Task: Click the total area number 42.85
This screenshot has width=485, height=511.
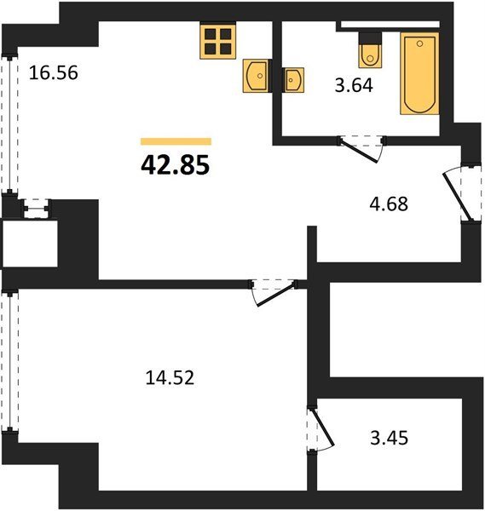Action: [175, 165]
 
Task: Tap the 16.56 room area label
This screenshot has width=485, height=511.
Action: [54, 72]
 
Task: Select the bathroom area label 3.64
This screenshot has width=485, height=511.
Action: [354, 86]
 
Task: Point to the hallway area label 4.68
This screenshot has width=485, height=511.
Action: [389, 204]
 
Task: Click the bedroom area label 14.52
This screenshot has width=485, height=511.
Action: [170, 378]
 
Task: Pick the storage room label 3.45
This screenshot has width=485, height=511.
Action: [390, 438]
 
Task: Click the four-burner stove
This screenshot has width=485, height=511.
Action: [218, 40]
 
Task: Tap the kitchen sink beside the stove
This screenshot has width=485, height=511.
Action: [257, 76]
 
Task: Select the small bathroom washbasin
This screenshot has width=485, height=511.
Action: [293, 79]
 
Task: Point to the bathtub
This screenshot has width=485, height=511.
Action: [419, 73]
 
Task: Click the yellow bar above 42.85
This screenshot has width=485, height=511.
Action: [176, 141]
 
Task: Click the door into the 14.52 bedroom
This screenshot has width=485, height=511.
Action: [274, 293]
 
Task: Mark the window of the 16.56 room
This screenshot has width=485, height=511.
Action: [10, 123]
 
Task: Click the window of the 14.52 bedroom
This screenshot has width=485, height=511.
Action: [10, 362]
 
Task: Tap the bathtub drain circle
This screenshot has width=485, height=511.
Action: [420, 43]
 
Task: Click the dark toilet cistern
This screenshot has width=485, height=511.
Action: [370, 38]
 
